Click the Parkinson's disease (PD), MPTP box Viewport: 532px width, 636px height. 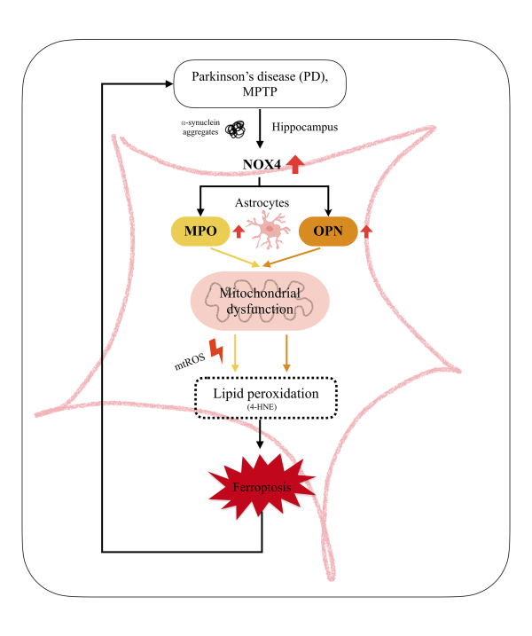coord(260,84)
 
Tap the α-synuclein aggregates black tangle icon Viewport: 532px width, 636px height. coord(236,130)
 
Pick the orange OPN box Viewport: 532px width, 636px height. coord(327,232)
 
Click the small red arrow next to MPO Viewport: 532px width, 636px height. coord(237,232)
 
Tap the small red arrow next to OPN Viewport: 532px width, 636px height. coord(367,232)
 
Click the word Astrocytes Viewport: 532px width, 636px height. coord(262,204)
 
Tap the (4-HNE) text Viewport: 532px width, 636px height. coord(261,407)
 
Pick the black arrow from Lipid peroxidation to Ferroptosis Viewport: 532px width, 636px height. coord(261,434)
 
